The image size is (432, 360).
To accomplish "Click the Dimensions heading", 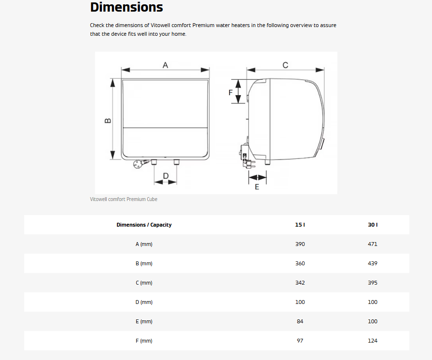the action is tap(127, 7).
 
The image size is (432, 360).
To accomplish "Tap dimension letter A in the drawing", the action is tap(165, 65).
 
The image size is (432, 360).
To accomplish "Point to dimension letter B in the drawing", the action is tap(108, 121).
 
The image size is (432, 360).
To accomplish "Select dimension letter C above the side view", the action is tap(286, 65).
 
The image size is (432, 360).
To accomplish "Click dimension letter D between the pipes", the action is tap(166, 176).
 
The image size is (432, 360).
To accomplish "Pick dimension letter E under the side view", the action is tap(257, 187).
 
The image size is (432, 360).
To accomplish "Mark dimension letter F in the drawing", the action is tap(230, 93).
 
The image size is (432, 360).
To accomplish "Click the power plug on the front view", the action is tap(138, 164).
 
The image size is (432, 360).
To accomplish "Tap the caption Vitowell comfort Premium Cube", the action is tap(124, 199).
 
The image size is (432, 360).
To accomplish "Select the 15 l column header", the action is tap(300, 225).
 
